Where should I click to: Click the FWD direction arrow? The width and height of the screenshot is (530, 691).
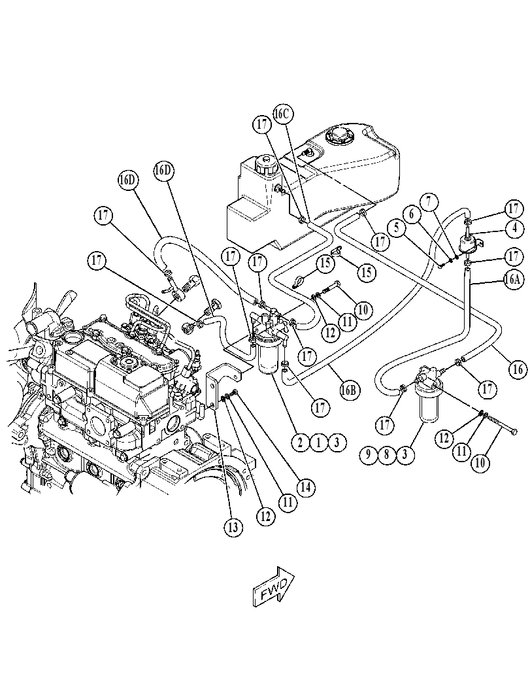point(274,587)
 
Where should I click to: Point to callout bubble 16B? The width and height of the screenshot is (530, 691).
point(350,390)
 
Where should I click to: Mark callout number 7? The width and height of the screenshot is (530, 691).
point(431,203)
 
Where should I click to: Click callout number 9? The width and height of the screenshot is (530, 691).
point(369,455)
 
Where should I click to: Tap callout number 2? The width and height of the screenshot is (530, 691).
point(301,442)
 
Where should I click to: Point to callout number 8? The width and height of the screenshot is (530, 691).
point(386,455)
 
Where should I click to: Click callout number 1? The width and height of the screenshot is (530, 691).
point(318,442)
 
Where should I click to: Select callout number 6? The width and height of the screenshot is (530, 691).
point(412,214)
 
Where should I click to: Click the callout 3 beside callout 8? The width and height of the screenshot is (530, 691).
point(405,455)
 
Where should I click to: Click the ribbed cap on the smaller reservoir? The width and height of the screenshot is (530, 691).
point(265,165)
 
